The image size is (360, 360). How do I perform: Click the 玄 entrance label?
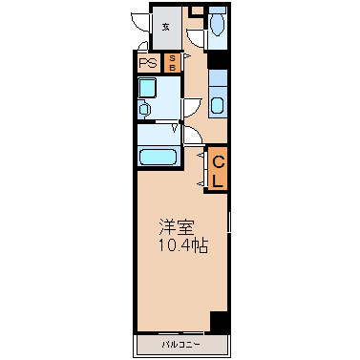(165, 28)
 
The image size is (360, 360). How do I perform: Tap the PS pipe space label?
(148, 63)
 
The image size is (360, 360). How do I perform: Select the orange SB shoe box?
(172, 63)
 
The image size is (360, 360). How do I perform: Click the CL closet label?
(218, 172)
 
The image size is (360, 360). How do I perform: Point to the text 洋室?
(177, 227)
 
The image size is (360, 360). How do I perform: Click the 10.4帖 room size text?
(183, 245)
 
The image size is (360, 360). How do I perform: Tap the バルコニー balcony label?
(180, 345)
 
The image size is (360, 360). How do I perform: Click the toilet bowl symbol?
(218, 24)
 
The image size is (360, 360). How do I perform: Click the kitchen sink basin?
(218, 105)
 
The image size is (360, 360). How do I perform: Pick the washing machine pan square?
(147, 88)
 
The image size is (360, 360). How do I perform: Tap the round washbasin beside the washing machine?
(144, 110)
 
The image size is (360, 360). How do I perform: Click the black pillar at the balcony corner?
(220, 323)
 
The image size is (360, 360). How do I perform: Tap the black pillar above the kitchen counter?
(218, 60)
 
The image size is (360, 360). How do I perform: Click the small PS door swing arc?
(143, 46)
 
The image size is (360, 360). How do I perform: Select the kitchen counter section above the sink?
(218, 78)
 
